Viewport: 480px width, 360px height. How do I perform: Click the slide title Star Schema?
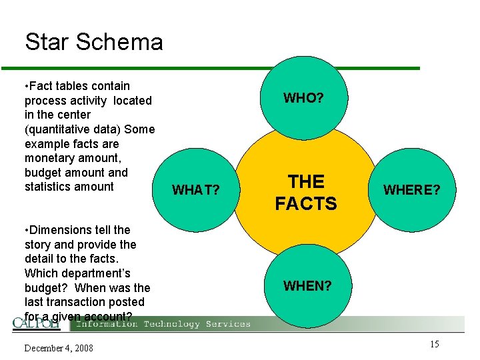pos(94,42)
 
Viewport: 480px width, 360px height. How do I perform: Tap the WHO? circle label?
pos(303,99)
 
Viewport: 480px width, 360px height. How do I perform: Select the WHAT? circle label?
pos(196,191)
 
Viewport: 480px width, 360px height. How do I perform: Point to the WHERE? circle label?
pos(411,190)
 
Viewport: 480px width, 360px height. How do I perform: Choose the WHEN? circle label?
pos(307,286)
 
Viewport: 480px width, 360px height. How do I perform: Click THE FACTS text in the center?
pos(306,192)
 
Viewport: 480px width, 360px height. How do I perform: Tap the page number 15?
pos(434,344)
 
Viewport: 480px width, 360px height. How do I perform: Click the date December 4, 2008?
pos(59,348)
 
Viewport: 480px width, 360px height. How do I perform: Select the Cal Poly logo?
pos(37,323)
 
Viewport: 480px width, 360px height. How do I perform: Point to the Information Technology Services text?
pos(163,324)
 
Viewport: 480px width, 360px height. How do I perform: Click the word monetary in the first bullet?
pos(49,158)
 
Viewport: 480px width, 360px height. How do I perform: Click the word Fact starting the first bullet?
pos(43,86)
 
